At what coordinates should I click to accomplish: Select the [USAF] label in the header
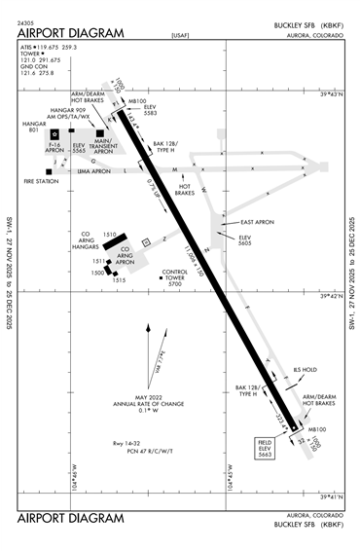179,36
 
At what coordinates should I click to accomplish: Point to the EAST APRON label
256,224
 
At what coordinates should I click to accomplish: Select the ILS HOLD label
278,370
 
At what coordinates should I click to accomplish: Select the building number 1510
110,235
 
